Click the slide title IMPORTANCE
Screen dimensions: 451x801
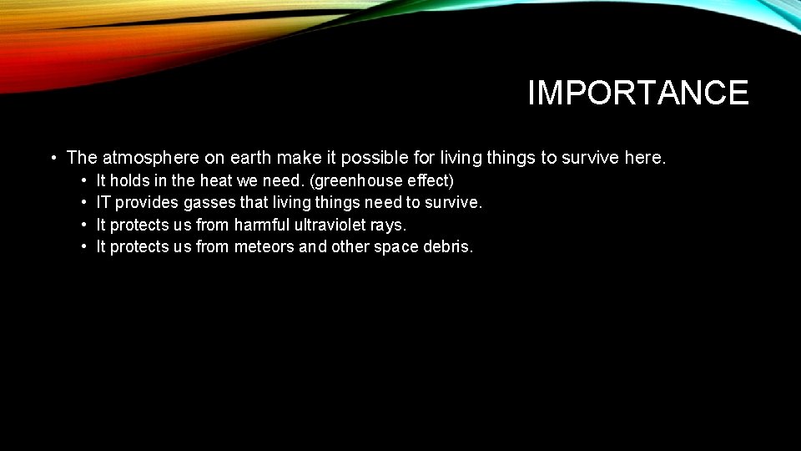tap(638, 93)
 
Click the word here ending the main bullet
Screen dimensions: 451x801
tap(645, 157)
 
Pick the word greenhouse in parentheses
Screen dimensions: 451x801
tap(356, 180)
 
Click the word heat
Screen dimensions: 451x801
tap(216, 180)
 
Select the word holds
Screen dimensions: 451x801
tap(129, 180)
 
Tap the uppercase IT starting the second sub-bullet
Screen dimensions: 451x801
tap(103, 202)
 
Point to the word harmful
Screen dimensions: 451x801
tap(264, 225)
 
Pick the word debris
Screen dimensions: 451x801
tap(451, 246)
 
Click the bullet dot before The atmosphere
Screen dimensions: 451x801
tap(53, 158)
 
